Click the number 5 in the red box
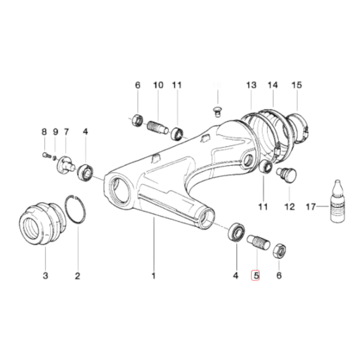[256, 275]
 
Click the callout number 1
[153, 276]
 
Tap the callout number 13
[251, 85]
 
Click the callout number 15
[296, 85]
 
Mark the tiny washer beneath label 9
[54, 158]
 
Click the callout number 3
[45, 276]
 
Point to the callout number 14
[273, 85]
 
